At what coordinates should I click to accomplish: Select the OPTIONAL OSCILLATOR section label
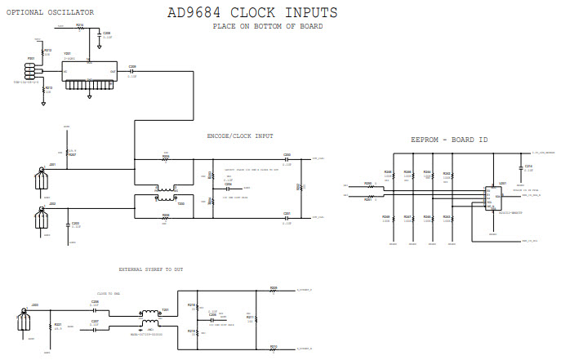click(49, 12)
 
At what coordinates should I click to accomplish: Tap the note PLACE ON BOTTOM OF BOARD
click(267, 26)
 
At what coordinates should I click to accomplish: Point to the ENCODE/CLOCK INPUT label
click(241, 136)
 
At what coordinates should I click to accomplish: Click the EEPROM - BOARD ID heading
click(448, 140)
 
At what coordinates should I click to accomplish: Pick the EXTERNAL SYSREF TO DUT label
click(151, 269)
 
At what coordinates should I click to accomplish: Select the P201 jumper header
click(35, 70)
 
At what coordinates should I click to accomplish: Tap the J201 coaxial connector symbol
click(40, 178)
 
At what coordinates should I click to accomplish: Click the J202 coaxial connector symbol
click(40, 218)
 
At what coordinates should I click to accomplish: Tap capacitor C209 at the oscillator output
click(132, 72)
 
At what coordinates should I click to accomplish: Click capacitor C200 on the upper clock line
click(287, 158)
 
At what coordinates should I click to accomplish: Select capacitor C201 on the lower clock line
click(287, 217)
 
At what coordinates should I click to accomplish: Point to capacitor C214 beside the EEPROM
click(519, 169)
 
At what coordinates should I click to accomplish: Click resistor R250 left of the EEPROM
click(372, 187)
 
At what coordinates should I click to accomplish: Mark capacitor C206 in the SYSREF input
click(95, 307)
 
